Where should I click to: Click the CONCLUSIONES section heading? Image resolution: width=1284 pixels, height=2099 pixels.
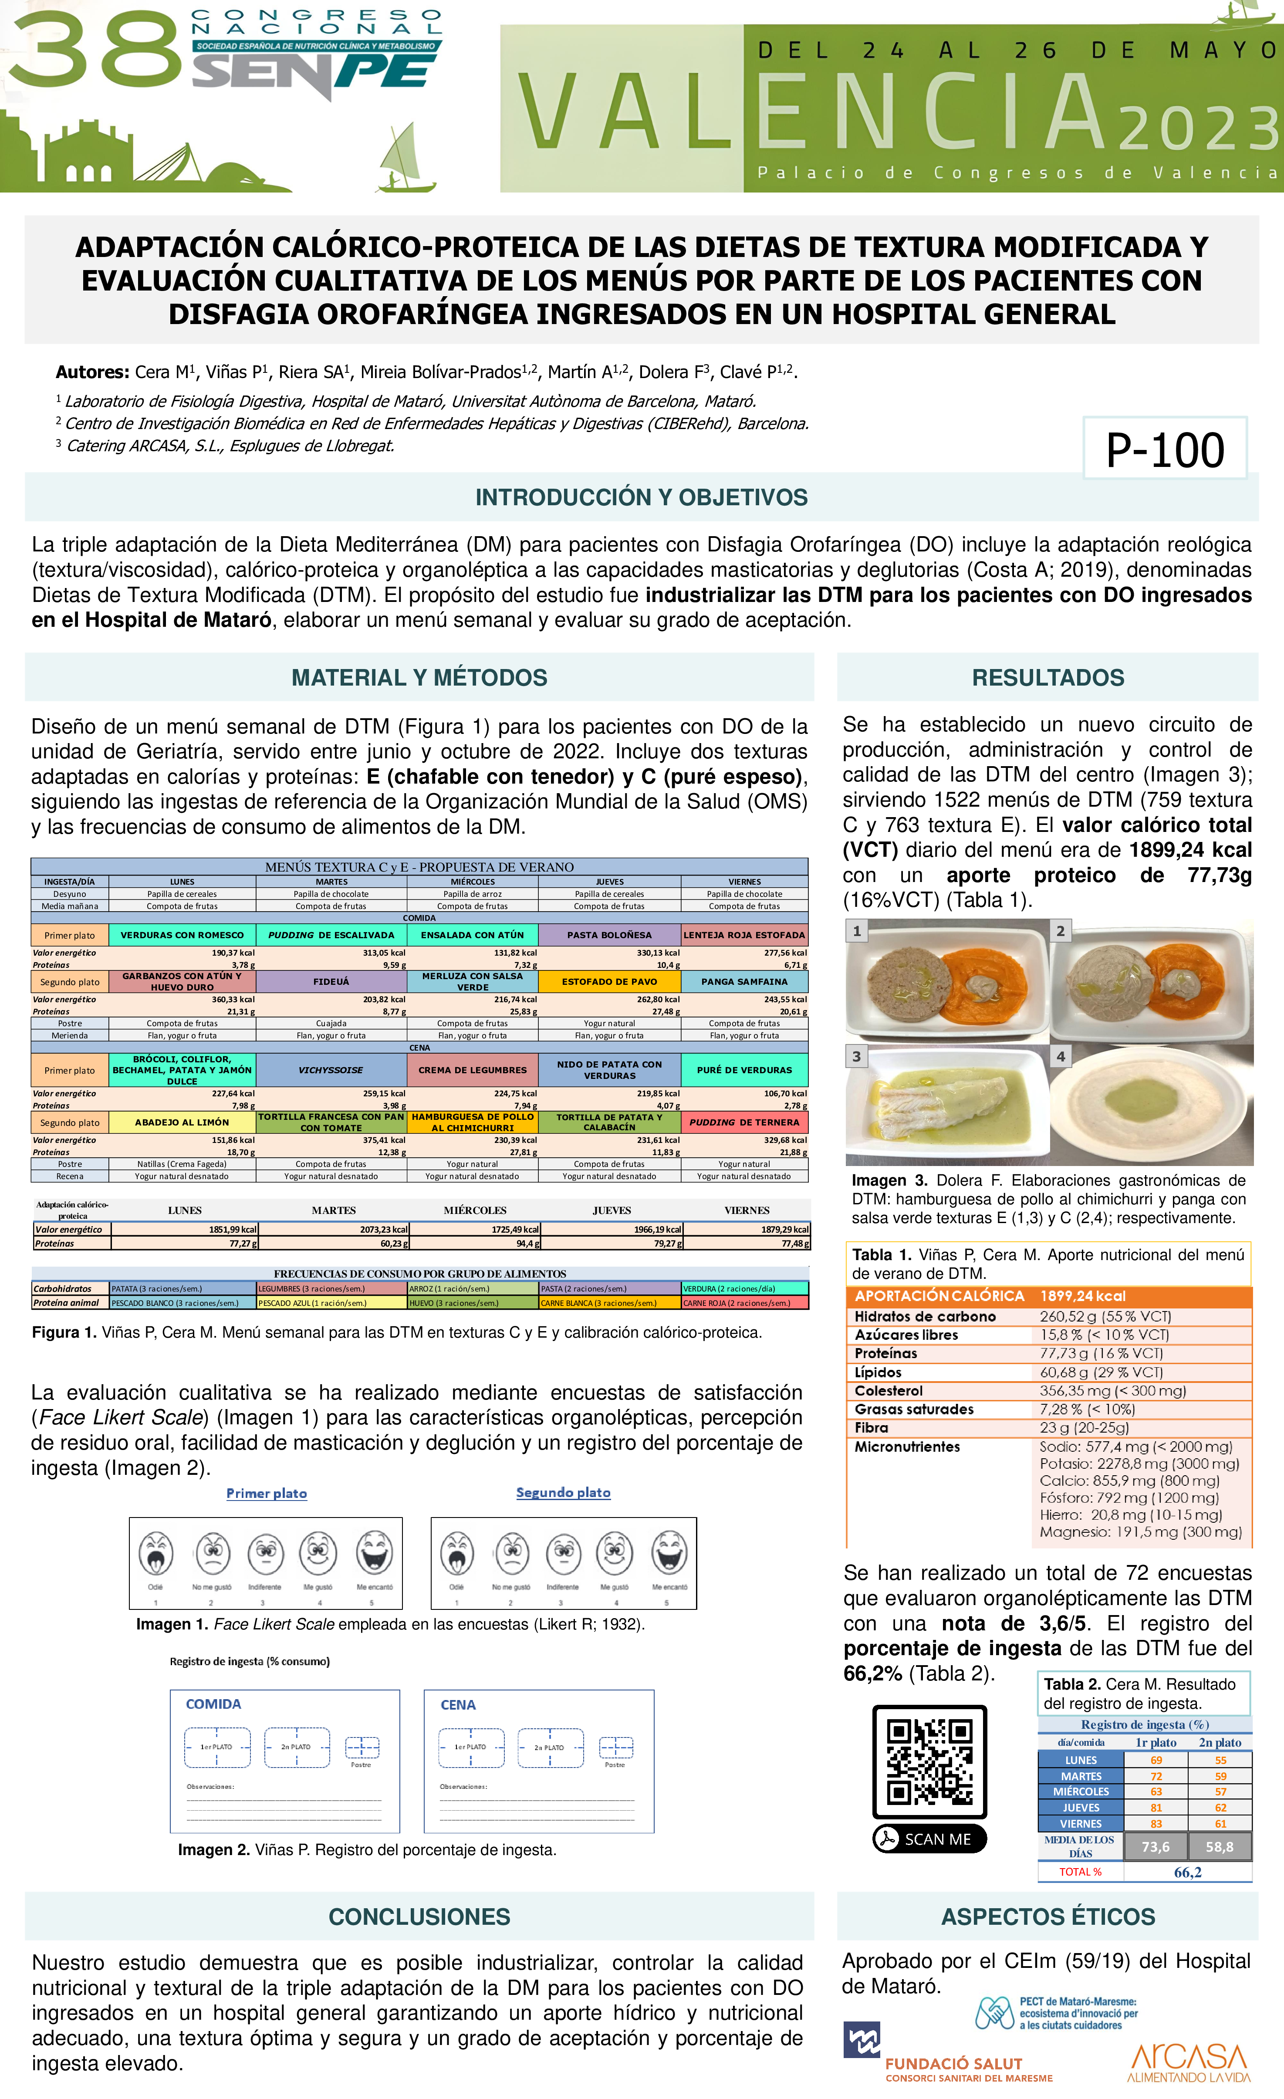click(x=419, y=1916)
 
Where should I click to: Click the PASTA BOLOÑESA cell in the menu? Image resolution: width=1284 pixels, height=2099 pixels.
click(x=609, y=934)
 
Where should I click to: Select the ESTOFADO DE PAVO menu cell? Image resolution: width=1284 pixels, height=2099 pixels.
click(x=609, y=981)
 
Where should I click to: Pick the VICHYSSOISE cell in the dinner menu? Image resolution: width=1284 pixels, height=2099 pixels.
click(x=331, y=1070)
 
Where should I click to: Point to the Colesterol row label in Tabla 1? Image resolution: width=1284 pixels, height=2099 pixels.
click(x=889, y=1390)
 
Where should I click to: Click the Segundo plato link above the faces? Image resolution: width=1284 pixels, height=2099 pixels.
click(x=563, y=1492)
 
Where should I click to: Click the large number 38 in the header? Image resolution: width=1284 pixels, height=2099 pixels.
click(x=94, y=53)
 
